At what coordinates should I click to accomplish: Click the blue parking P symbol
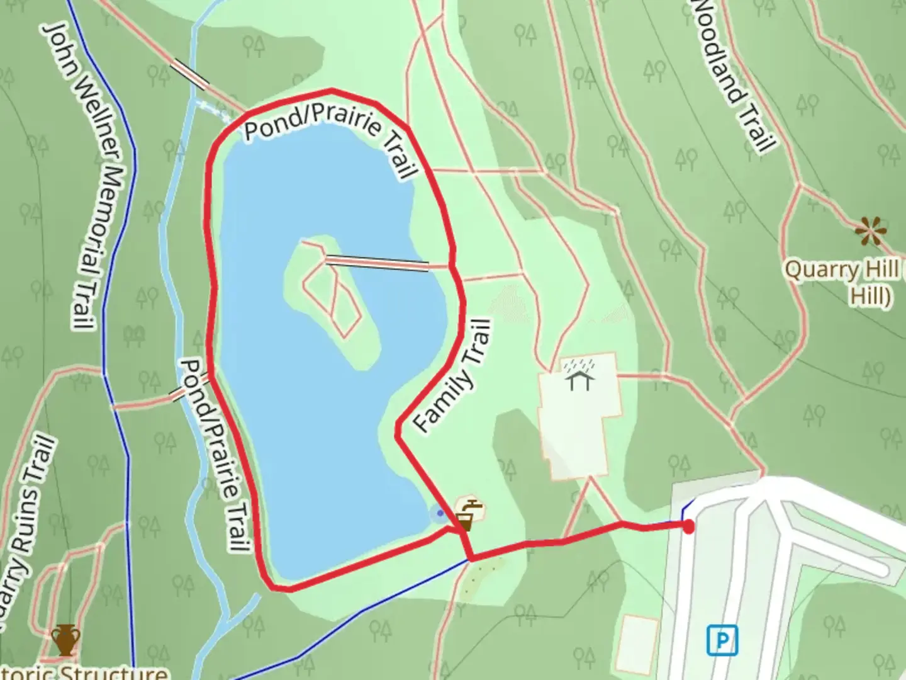click(x=722, y=641)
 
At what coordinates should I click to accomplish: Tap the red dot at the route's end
click(x=689, y=526)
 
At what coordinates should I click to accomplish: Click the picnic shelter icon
click(x=579, y=375)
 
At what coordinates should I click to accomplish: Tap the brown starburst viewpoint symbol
click(x=871, y=232)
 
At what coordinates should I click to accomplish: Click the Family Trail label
click(x=452, y=376)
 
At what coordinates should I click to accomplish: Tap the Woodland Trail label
click(x=733, y=76)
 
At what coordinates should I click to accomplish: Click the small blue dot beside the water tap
click(x=440, y=513)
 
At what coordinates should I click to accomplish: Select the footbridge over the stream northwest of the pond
click(x=191, y=74)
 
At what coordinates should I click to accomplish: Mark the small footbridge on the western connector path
click(x=178, y=394)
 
